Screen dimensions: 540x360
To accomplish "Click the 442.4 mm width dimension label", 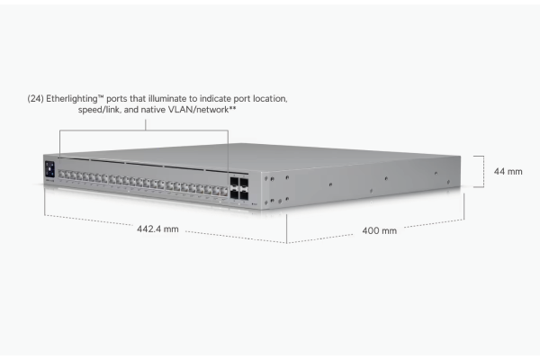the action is tap(157, 229).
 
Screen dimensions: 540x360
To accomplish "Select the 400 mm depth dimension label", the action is tap(380, 230).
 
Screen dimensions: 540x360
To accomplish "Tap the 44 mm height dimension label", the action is tap(508, 172).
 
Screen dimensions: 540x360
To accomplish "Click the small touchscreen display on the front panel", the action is tap(49, 170).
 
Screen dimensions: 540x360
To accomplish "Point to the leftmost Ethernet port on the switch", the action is tap(61, 174).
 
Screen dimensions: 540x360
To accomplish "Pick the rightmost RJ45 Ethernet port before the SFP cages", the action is tap(224, 191).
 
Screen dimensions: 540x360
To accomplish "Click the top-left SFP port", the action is tap(235, 183).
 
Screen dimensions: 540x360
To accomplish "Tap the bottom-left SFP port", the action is tap(235, 194).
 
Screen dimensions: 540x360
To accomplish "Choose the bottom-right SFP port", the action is tap(244, 195).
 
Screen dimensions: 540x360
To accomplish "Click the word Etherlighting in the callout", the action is tap(72, 99).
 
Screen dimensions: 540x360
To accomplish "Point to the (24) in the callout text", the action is tap(35, 99).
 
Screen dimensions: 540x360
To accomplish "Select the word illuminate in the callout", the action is tap(167, 99).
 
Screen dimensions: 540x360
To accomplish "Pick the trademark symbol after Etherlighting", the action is tap(101, 97).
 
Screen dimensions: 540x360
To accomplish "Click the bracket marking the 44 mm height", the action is tap(483, 172).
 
